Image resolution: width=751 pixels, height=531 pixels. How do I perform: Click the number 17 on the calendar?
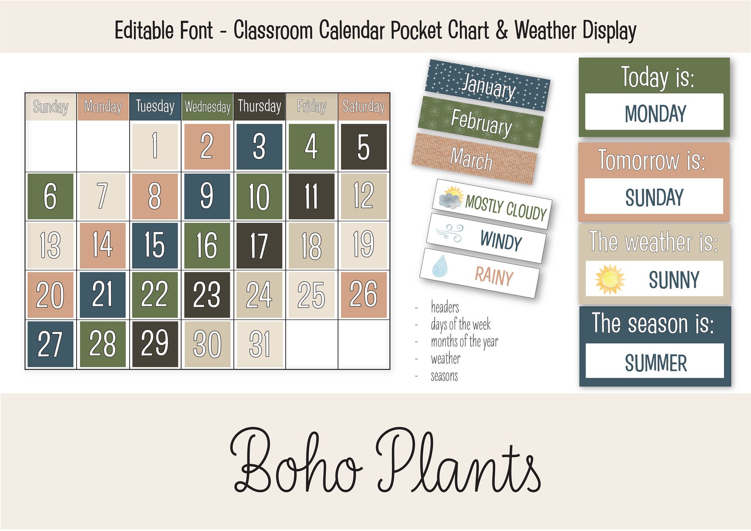pos(259,245)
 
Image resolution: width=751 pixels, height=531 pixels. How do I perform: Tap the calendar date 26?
pos(363,294)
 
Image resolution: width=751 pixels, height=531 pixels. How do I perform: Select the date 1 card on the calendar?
pos(155,146)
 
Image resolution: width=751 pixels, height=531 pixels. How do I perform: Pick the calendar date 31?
pos(259,344)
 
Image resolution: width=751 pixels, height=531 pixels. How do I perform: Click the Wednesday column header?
pos(207,107)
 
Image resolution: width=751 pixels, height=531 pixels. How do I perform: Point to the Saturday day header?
pos(363,106)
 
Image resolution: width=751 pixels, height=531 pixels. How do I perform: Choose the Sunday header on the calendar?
pos(51,107)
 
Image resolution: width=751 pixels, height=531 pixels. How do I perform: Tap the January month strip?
pos(488,86)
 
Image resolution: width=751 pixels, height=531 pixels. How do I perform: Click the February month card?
pos(480,122)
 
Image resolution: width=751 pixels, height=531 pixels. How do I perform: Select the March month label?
pos(473,159)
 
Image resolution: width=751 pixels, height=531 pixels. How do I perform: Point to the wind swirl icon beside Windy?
pos(449,233)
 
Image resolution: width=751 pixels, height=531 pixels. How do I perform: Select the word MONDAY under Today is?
pos(655,114)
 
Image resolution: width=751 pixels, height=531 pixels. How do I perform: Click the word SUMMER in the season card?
pos(655,363)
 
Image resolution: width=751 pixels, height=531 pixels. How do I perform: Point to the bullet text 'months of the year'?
pos(464,341)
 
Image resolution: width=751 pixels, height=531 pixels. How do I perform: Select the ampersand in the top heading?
pos(502,30)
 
